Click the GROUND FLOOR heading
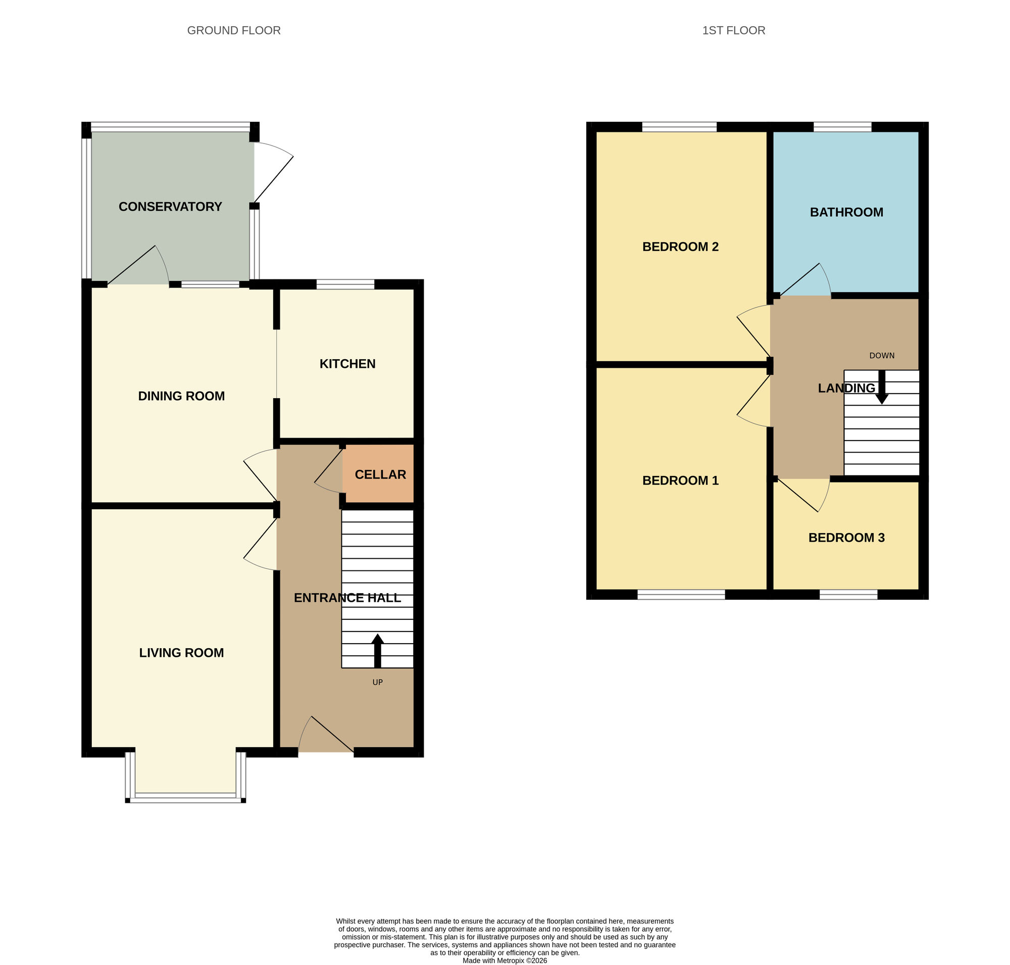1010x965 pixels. coord(233,30)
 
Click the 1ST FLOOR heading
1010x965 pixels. coord(733,30)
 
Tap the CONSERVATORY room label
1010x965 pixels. coord(170,206)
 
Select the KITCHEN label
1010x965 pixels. coord(347,364)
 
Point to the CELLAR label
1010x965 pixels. coord(380,474)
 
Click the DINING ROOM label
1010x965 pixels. coord(181,396)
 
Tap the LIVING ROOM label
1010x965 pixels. coord(181,652)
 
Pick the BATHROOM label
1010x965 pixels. coord(846,212)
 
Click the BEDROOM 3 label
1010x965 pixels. coord(846,537)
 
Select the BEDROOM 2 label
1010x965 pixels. coord(680,247)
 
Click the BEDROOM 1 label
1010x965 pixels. coord(680,480)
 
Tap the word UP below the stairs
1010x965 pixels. coord(377,682)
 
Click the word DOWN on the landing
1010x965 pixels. coord(881,356)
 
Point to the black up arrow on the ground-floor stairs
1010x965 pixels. coord(377,650)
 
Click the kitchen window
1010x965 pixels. coord(345,284)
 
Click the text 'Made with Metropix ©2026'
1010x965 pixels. coord(504,960)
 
